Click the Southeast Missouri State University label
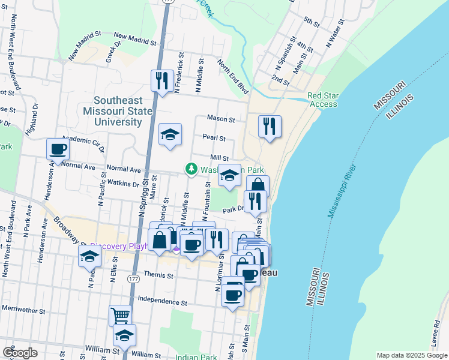pyautogui.click(x=118, y=111)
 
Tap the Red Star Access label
pyautogui.click(x=322, y=100)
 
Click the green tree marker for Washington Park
pyautogui.click(x=191, y=170)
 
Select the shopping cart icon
pyautogui.click(x=120, y=314)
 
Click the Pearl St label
pyautogui.click(x=214, y=138)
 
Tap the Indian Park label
pyautogui.click(x=196, y=357)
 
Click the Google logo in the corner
pyautogui.click(x=20, y=352)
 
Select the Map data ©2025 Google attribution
pyautogui.click(x=411, y=355)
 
